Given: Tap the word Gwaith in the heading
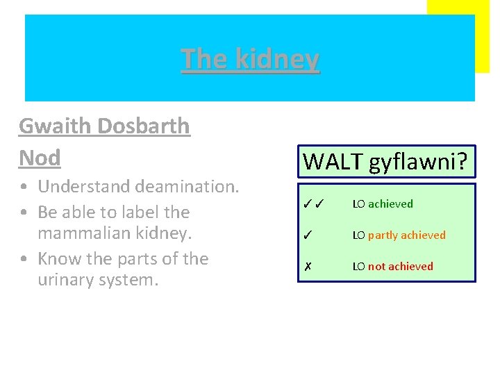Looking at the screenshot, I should coord(56,126).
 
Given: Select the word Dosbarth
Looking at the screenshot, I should coord(144,126).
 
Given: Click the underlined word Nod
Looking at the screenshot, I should coord(40,158).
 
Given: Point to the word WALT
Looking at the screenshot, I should coord(334,162).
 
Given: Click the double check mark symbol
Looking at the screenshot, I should coord(315,204).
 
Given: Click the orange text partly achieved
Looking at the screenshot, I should coord(407,235).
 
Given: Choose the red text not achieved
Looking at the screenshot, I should coord(401,267).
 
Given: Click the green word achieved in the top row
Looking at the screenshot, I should coord(390,204).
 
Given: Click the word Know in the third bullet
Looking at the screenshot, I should coord(58,258).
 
